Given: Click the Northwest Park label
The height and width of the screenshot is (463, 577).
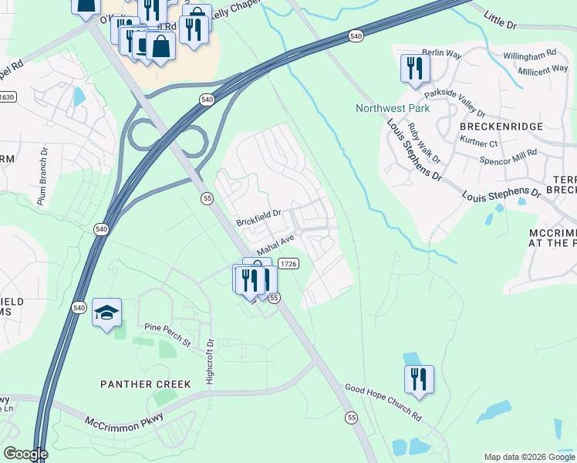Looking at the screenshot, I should (x=393, y=108).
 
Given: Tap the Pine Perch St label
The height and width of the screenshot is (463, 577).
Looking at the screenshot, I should (x=167, y=330).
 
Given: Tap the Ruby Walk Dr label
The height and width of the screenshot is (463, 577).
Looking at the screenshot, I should (x=423, y=143).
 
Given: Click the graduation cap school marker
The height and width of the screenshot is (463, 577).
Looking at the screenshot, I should (x=106, y=313).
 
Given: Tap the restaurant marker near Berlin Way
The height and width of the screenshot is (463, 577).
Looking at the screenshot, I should (x=415, y=68).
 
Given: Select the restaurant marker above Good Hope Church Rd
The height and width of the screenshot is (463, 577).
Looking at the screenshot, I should (x=419, y=380).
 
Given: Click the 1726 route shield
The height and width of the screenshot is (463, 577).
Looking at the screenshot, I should (x=288, y=264).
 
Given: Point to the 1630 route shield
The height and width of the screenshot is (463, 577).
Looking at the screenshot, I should (x=6, y=96).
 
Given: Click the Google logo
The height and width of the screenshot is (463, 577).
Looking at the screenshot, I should (x=25, y=454).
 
